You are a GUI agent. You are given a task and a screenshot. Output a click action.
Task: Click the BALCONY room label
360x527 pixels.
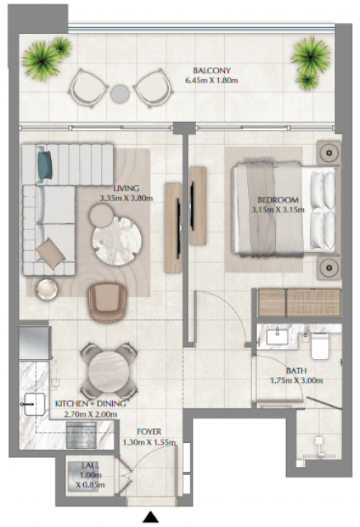coord(212,71)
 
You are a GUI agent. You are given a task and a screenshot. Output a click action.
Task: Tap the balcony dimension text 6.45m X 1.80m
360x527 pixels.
coord(212,81)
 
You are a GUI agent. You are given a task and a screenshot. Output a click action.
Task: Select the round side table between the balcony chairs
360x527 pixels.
coord(120,93)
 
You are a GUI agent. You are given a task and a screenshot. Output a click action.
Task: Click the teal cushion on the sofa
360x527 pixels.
coord(44,165)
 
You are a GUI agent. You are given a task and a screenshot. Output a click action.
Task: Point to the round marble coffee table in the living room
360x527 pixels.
coord(117,241)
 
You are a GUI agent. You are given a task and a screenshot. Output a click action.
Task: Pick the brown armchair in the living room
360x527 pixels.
coord(107,302)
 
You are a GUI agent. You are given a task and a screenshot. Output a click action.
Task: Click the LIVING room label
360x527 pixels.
coord(126,189)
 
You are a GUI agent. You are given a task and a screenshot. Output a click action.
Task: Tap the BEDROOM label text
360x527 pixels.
coord(278,200)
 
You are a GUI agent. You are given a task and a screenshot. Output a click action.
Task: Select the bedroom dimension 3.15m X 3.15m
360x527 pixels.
coord(278,210)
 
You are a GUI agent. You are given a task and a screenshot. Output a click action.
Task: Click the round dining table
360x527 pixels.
coord(109,371)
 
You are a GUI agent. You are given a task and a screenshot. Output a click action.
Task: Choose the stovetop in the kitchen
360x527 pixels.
coord(82,435)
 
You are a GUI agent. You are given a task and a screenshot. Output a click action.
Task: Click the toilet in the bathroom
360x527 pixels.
coord(320,346)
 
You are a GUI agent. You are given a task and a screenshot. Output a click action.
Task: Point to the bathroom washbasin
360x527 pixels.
coord(277,337)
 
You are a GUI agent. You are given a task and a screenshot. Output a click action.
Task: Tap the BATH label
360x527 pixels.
coord(296,371)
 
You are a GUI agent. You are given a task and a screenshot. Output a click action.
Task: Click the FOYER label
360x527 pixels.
coord(149,431)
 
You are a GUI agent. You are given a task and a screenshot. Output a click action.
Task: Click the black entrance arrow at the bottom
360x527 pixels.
coord(150,517)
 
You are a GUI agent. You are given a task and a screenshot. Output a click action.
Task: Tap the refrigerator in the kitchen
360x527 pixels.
coord(35,343)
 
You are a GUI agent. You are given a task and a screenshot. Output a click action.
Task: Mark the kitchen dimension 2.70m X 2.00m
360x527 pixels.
coord(91,414)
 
